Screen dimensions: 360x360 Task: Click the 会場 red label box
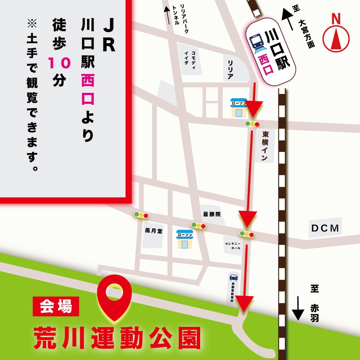55,307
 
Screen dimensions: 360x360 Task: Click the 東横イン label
266,145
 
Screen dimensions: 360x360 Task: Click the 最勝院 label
211,214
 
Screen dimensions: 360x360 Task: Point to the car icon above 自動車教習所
233,278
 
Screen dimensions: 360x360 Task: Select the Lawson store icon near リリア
238,108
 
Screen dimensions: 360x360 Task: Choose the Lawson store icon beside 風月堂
184,239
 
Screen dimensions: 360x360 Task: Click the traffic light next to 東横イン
252,124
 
